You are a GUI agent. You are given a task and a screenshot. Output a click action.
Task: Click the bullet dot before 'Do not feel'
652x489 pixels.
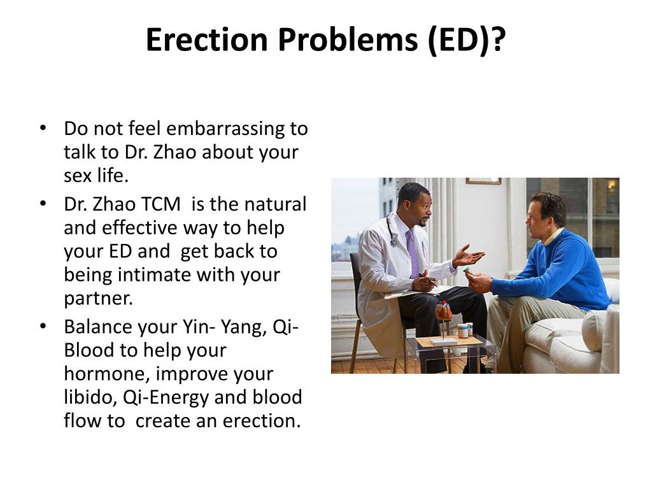(43, 128)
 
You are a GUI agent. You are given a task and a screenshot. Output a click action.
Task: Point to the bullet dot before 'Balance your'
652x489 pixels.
(43, 327)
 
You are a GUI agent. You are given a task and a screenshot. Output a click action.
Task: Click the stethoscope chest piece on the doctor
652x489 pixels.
(394, 242)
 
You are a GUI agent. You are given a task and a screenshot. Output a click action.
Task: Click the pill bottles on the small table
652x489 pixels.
(465, 330)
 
